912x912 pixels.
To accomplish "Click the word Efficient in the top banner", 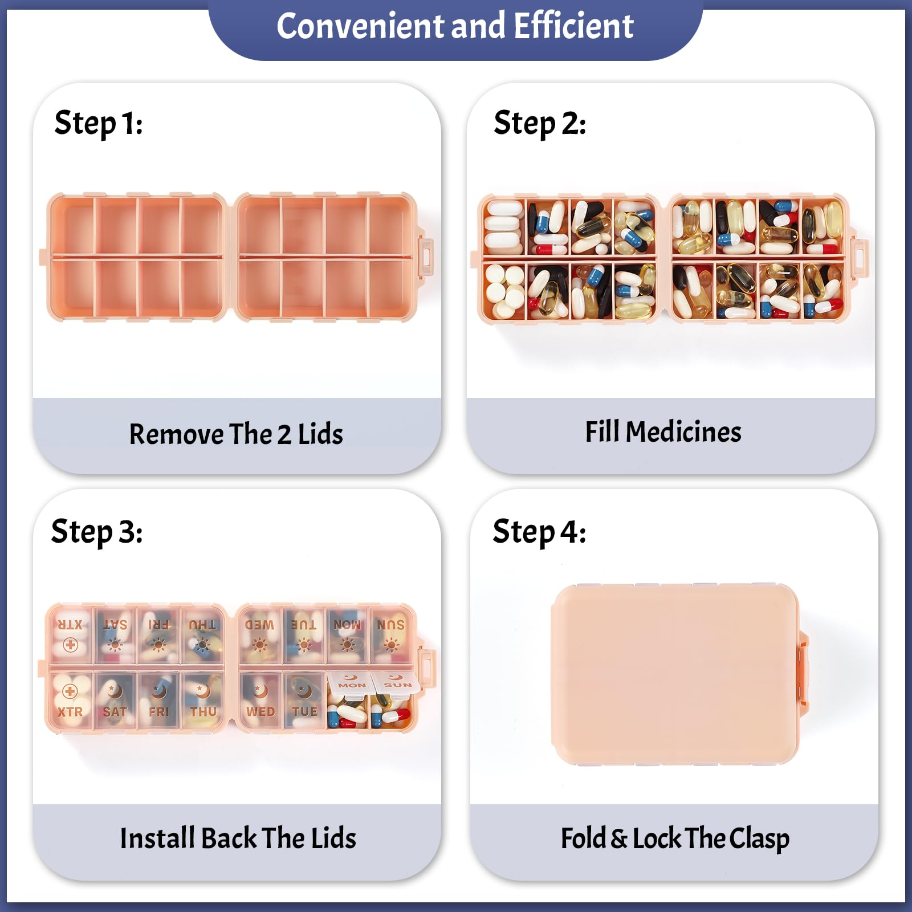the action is click(573, 26).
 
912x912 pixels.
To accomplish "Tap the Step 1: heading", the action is click(98, 124).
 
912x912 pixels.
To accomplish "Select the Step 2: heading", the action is click(540, 124).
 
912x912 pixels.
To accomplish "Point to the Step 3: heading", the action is click(97, 532).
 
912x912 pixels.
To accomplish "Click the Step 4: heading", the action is click(539, 532).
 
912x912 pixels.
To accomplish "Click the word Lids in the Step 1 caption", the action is click(320, 434).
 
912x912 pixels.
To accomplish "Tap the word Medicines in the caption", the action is click(683, 432).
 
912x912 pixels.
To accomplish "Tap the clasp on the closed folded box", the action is click(803, 674).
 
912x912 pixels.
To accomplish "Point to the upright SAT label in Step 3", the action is click(115, 712).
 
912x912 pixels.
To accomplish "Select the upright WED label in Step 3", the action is click(260, 712).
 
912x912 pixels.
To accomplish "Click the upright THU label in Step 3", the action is click(203, 712).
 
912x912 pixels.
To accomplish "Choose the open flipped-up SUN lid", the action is click(397, 682).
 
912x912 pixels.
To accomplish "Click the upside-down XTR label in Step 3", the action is click(70, 625).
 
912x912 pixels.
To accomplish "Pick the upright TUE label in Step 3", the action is click(304, 712).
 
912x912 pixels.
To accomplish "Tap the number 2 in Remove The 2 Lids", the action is click(284, 435).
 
